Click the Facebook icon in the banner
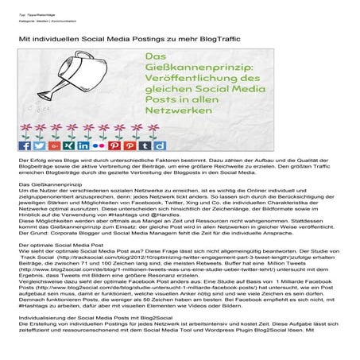pyautogui.click(x=25, y=145)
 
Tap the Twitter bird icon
pyautogui.click(x=38, y=145)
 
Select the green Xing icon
pyautogui.click(x=65, y=145)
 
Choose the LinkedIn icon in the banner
pyautogui.click(x=79, y=145)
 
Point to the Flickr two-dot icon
pyautogui.click(x=94, y=145)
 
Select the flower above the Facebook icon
pyautogui.click(x=25, y=132)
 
